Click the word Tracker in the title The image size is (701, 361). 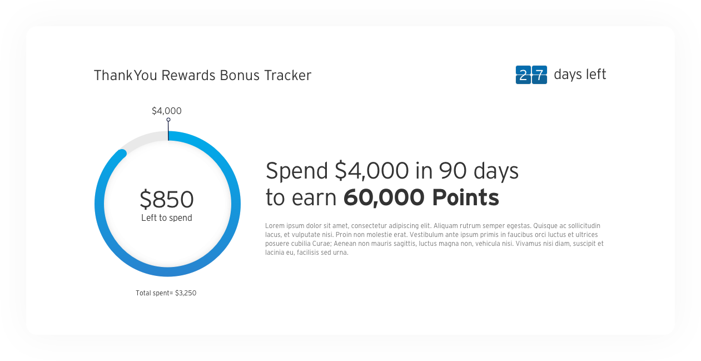[287, 76]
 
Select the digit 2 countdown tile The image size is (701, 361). [523, 75]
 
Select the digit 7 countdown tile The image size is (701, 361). [539, 75]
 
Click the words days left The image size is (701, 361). [580, 75]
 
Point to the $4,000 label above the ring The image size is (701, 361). [166, 111]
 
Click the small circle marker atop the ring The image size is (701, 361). [168, 120]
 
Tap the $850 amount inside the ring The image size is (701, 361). [167, 199]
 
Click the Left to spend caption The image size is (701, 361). [166, 217]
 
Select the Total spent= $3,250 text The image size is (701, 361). [166, 293]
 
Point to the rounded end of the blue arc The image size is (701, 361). [122, 154]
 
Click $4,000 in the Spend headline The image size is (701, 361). [372, 171]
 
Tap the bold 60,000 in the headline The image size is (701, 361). [384, 197]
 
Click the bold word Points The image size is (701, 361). [466, 197]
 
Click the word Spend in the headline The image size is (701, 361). [297, 171]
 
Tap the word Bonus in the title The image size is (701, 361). [240, 76]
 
